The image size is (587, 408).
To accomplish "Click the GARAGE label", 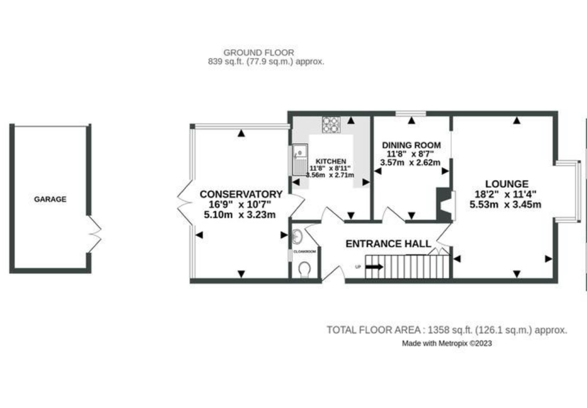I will pos(50,199).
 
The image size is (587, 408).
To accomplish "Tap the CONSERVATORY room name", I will pos(241,194).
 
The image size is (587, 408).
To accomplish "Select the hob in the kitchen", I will pos(331,124).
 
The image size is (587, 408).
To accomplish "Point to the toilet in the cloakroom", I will pos(304,269).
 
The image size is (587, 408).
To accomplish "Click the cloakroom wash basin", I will pos(298,236).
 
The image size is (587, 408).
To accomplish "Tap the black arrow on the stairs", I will pos(374,267).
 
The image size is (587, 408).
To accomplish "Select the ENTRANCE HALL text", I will pos(388,244).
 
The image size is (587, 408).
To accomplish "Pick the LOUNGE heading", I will pos(507,184).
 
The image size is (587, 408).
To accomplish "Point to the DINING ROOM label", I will pos(411,145).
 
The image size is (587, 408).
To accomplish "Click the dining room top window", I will pos(411,113).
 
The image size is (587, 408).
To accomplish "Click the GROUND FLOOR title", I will pos(258,53).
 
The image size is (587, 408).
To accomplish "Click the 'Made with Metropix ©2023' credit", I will pos(447,343).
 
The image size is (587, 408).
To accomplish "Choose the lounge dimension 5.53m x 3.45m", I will pos(505,204).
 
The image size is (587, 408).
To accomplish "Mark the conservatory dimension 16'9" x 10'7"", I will pos(240,204).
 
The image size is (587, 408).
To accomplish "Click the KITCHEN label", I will pos(331,161).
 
